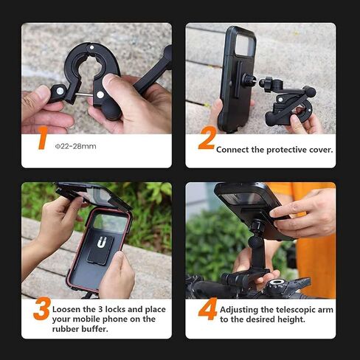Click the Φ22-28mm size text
click(x=76, y=146)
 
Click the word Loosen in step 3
click(x=72, y=309)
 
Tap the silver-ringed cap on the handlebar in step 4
click(x=277, y=283)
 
